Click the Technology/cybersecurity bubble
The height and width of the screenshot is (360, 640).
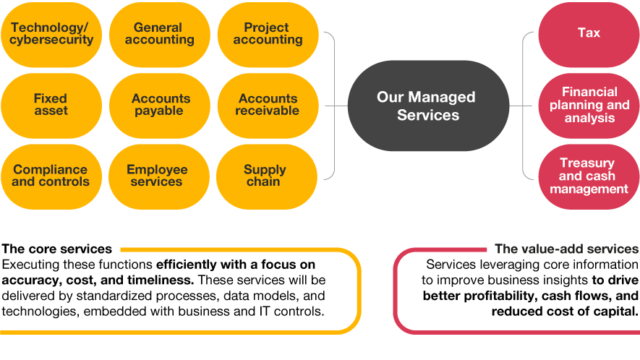coord(51,34)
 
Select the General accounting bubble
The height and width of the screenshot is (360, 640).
coord(159,34)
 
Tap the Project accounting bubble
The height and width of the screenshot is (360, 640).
coord(268,34)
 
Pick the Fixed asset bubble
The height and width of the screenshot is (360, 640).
coord(51,105)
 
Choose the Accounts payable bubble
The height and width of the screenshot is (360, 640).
coord(159,105)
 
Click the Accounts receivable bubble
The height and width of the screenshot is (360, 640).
coord(268,105)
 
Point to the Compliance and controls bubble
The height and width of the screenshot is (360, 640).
coord(51,176)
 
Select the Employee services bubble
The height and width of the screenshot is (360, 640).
coord(158,176)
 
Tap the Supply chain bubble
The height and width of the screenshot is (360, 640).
coord(266,176)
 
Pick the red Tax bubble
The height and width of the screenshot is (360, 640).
coord(589,33)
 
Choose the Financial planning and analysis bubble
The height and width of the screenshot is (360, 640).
coord(589,105)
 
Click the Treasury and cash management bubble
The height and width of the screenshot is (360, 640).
coord(589,176)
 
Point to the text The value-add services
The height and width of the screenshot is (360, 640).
coord(566,249)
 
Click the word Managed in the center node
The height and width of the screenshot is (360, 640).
coord(443,97)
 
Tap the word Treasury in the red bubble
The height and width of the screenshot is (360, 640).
coord(587,163)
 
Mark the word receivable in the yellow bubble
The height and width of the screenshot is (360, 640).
coord(268,111)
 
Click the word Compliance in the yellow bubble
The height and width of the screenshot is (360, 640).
coord(51,170)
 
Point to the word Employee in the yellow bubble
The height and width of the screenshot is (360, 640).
coord(157,170)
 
